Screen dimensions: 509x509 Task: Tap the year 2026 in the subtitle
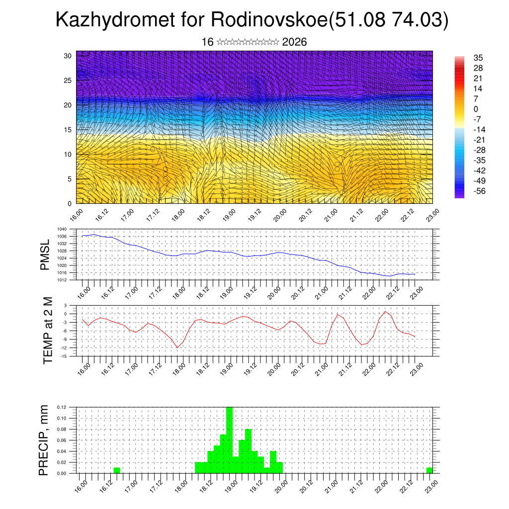point(294,42)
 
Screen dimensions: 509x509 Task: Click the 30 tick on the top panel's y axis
point(68,56)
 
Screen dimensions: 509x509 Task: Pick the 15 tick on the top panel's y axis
point(68,130)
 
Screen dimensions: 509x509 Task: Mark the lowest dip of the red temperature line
point(177,347)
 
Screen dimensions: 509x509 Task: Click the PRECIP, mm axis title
point(45,440)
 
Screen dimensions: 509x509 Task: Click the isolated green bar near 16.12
point(117,470)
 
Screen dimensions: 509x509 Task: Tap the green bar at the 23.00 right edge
point(429,470)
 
